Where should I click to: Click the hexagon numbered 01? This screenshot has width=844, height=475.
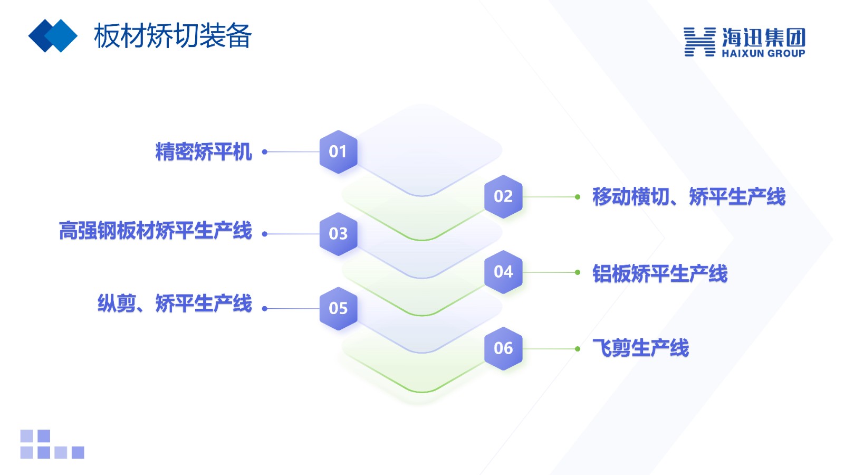tap(338, 152)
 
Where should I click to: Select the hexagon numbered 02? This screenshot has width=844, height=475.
tap(503, 197)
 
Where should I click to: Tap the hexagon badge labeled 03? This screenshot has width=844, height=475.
tap(338, 234)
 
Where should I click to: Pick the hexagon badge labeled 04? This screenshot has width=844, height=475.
tap(503, 272)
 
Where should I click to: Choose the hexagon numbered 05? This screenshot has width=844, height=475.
tap(338, 309)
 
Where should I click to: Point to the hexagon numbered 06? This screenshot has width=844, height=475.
tap(503, 349)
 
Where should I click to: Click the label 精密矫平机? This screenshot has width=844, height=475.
tap(204, 152)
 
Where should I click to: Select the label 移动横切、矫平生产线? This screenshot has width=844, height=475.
tap(689, 197)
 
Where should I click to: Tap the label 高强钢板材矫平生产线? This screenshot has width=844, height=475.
tap(155, 231)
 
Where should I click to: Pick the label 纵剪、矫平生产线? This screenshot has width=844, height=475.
tap(175, 303)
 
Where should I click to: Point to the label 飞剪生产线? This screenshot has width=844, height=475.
tap(640, 348)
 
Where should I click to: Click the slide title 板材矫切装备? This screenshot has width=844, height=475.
tap(172, 36)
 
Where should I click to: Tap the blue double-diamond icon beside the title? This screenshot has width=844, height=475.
tap(53, 36)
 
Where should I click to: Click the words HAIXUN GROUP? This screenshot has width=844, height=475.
tap(763, 53)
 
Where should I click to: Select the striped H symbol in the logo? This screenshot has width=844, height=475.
tap(699, 42)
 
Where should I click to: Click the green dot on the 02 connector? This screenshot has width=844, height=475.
tap(578, 197)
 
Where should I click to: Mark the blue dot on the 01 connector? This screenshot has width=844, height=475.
tap(265, 152)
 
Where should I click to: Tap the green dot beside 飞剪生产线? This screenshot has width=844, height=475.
tap(578, 349)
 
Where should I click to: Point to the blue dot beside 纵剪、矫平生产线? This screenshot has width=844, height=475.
tap(265, 309)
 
